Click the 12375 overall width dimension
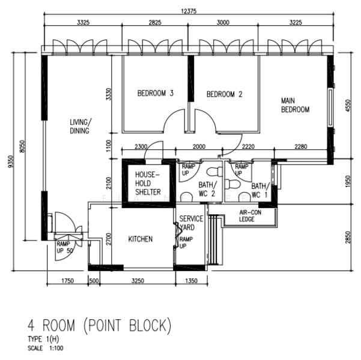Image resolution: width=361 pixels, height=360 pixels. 189,11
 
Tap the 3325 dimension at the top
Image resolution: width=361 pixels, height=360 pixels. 83,22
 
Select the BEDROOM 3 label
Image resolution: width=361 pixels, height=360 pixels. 156,93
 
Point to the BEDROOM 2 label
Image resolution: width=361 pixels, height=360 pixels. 225,94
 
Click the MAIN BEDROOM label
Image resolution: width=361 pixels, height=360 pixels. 295,105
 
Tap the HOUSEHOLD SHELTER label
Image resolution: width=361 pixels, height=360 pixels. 148,184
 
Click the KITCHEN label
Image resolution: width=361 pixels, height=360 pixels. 141,239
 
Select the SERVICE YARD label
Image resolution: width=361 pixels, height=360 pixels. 191,223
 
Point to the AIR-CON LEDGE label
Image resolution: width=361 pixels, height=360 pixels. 250,216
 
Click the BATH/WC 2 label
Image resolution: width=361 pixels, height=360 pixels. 207,190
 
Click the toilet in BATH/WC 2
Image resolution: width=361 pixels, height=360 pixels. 214,172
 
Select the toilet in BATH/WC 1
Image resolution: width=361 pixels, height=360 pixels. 232,184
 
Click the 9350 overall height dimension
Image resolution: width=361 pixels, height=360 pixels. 11,161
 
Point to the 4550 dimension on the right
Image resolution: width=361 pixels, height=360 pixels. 348,106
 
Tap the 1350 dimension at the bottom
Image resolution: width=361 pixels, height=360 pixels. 192,281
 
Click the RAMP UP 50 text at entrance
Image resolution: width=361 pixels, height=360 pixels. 65,247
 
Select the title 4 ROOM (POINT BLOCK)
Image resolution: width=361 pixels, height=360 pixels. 100,325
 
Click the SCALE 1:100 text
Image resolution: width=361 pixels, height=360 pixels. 46,348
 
